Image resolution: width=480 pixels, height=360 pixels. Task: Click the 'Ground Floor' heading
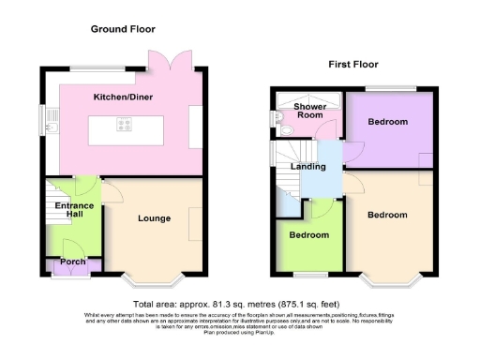point(123,29)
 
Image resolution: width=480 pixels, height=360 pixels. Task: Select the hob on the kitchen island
point(125,125)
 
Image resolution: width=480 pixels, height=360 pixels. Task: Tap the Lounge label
point(154,218)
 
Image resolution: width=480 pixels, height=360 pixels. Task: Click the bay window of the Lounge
point(154,278)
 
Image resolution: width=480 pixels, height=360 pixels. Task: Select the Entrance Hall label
point(73,209)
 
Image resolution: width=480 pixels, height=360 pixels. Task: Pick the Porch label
point(73,262)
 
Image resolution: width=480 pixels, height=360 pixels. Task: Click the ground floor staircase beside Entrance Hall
point(53,210)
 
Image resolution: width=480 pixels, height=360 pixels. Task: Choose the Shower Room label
point(308,112)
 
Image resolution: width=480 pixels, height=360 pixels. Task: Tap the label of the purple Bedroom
point(387,123)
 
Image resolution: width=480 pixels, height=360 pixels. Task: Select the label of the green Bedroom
point(307,234)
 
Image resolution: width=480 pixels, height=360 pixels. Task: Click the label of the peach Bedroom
point(387,215)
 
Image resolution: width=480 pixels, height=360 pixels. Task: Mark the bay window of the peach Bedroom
point(387,278)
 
